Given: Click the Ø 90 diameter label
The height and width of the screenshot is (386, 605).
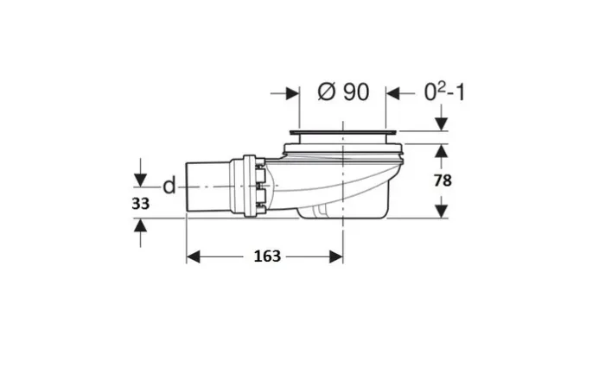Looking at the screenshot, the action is tap(343, 92).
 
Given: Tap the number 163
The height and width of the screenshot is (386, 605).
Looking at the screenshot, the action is tap(267, 256).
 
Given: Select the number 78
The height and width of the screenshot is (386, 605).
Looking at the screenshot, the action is tap(443, 180).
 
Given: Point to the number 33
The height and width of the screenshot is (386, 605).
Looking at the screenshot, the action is tap(140, 204).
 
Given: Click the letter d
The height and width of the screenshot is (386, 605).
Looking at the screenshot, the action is tap(169, 186).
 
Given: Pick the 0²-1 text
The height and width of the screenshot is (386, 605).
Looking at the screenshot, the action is tap(444, 92).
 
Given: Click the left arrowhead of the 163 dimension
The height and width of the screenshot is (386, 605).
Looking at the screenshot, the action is tap(193, 256).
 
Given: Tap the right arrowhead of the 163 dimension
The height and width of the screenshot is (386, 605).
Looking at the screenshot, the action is tap(336, 256).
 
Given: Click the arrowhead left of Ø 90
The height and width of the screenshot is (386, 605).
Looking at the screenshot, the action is tap(293, 93).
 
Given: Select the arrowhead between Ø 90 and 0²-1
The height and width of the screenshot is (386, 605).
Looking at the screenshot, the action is tap(392, 93).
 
